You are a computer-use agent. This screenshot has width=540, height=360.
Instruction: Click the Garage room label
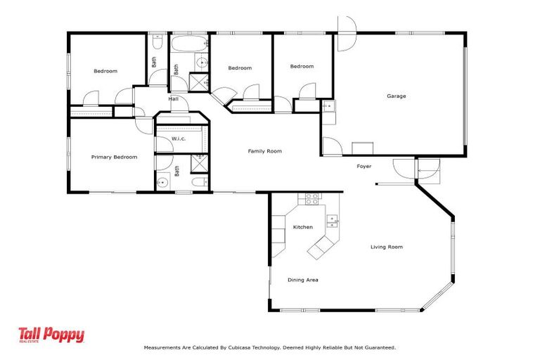pyautogui.click(x=396, y=96)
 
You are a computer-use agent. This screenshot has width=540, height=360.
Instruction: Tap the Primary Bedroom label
pyautogui.click(x=114, y=157)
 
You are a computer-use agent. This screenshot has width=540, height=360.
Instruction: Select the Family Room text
pyautogui.click(x=264, y=151)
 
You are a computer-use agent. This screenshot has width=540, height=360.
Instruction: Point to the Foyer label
pyautogui.click(x=364, y=166)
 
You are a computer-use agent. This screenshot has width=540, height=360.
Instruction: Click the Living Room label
pyautogui.click(x=387, y=247)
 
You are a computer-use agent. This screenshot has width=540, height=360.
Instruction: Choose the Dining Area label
pyautogui.click(x=303, y=280)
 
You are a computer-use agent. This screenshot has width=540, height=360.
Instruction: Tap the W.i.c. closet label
pyautogui.click(x=178, y=139)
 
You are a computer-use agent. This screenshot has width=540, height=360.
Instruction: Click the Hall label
pyautogui.click(x=173, y=99)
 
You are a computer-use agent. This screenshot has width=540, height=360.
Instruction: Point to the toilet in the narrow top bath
pyautogui.click(x=158, y=43)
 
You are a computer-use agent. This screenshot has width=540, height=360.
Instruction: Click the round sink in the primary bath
pyautogui.click(x=163, y=182)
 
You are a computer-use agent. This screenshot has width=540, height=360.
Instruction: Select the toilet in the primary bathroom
pyautogui.click(x=199, y=182)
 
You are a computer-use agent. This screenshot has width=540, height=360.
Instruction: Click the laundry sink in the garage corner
pyautogui.click(x=327, y=105)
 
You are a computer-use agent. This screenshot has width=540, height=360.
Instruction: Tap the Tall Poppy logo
pyautogui.click(x=51, y=335)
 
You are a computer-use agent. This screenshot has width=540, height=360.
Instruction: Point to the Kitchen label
pyautogui.click(x=303, y=227)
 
